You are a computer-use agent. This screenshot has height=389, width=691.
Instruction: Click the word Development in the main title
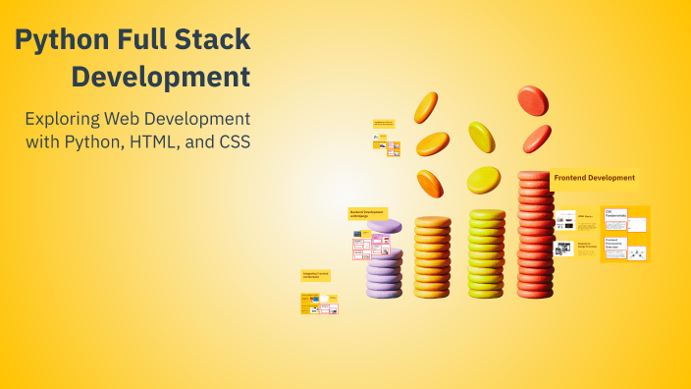click(x=161, y=77)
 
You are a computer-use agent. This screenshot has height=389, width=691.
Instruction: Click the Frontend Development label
click(x=593, y=178)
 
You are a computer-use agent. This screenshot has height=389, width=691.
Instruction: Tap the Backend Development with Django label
click(x=367, y=212)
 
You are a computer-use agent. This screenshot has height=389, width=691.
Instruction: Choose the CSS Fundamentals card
click(x=615, y=213)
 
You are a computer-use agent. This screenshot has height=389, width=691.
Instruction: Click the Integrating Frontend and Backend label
click(x=315, y=275)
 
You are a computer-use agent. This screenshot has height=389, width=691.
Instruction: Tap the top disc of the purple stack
click(x=384, y=227)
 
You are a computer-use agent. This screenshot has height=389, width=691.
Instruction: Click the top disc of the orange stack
click(x=433, y=222)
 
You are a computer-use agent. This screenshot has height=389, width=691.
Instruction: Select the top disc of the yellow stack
click(x=487, y=215)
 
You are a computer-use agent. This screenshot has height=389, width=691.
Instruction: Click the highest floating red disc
click(x=532, y=98)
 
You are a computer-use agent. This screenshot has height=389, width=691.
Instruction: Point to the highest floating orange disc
click(x=426, y=107)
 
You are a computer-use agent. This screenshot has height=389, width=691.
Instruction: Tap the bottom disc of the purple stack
click(x=384, y=291)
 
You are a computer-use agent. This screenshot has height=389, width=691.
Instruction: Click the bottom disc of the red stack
click(x=535, y=290)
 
